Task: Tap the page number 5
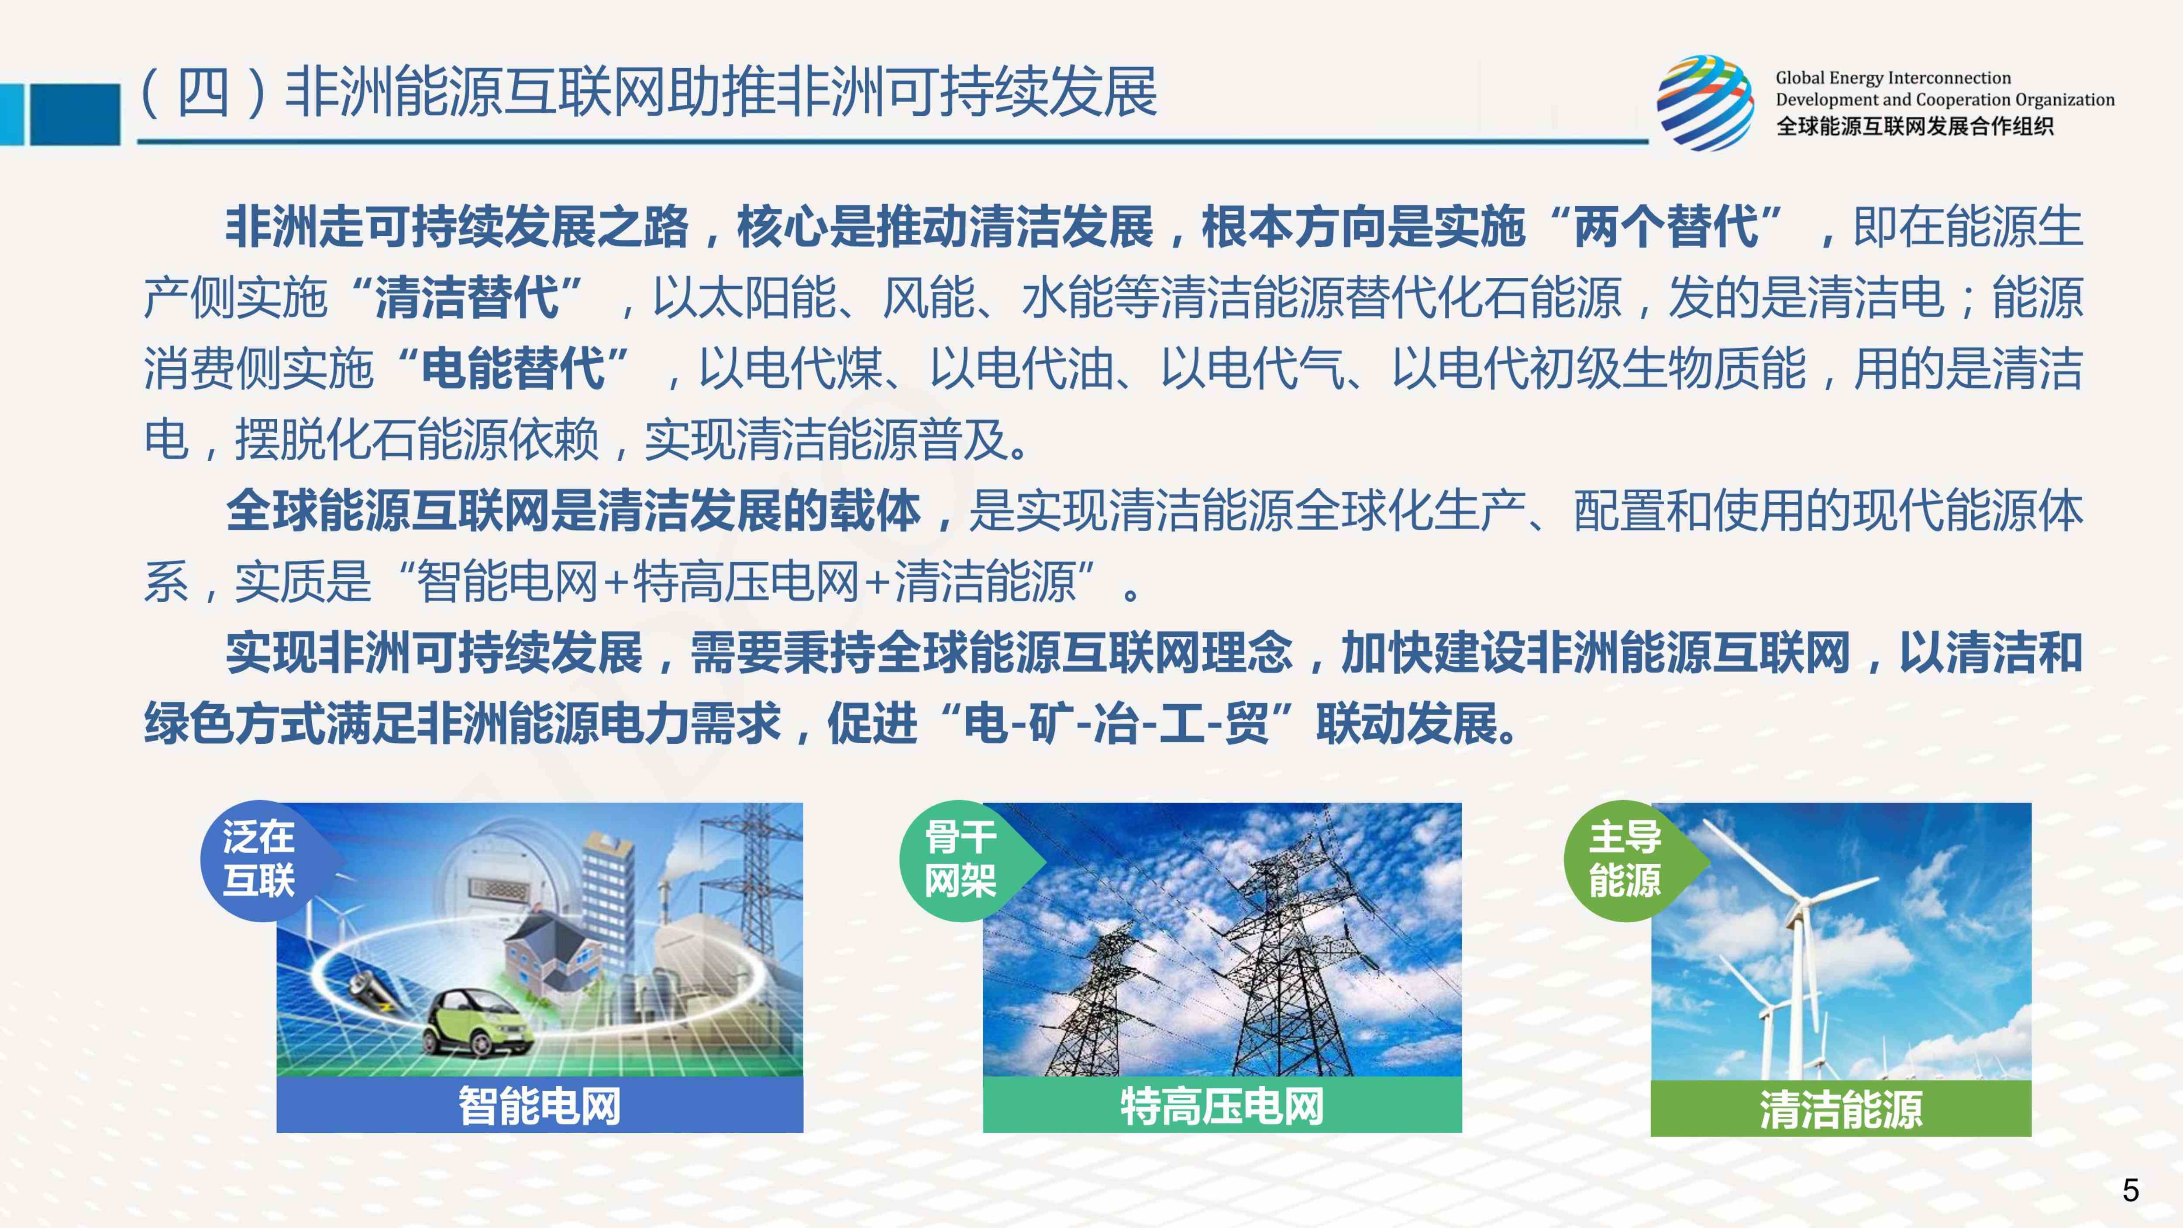pyautogui.click(x=2131, y=1190)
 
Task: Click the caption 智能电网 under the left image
pyautogui.click(x=540, y=1105)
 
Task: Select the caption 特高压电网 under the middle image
pyautogui.click(x=1222, y=1105)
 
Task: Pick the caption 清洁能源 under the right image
pyautogui.click(x=1841, y=1108)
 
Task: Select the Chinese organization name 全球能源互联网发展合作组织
pyautogui.click(x=1914, y=126)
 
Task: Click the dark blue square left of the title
pyautogui.click(x=75, y=114)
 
